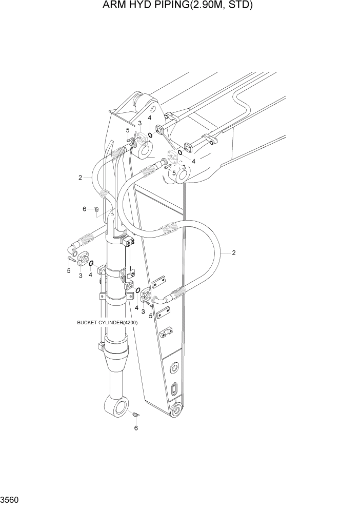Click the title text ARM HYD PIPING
[x=149, y=6]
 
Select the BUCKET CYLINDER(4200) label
[x=107, y=323]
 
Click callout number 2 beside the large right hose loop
[x=234, y=252]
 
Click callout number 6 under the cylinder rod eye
[x=136, y=427]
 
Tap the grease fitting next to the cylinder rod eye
[x=136, y=414]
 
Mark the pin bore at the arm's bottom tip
[x=176, y=411]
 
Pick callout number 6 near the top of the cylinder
[x=85, y=209]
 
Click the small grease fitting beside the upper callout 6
[x=96, y=208]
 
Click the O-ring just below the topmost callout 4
[x=150, y=135]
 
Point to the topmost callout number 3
[x=139, y=123]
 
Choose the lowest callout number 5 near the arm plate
[x=150, y=316]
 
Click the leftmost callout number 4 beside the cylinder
[x=91, y=275]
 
